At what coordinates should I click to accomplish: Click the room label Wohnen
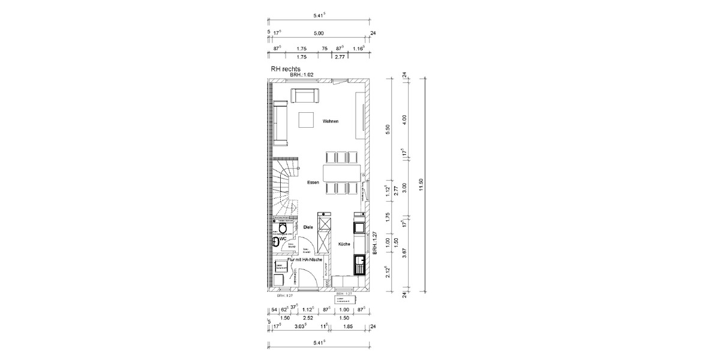[331, 121]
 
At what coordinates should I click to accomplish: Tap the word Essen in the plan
[313, 182]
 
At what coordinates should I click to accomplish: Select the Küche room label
[344, 244]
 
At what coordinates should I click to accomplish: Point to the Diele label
[308, 227]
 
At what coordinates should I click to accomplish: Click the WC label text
[283, 239]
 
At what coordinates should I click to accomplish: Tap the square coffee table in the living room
[307, 120]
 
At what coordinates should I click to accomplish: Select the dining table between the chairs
[342, 173]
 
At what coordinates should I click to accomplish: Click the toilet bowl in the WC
[282, 227]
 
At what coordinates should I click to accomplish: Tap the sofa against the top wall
[305, 95]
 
